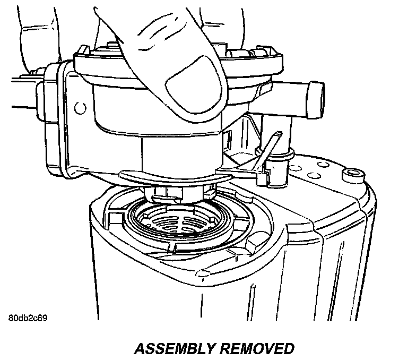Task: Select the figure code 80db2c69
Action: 30,320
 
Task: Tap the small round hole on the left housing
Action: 80,108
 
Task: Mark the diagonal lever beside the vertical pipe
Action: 267,148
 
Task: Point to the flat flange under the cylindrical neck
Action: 175,178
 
